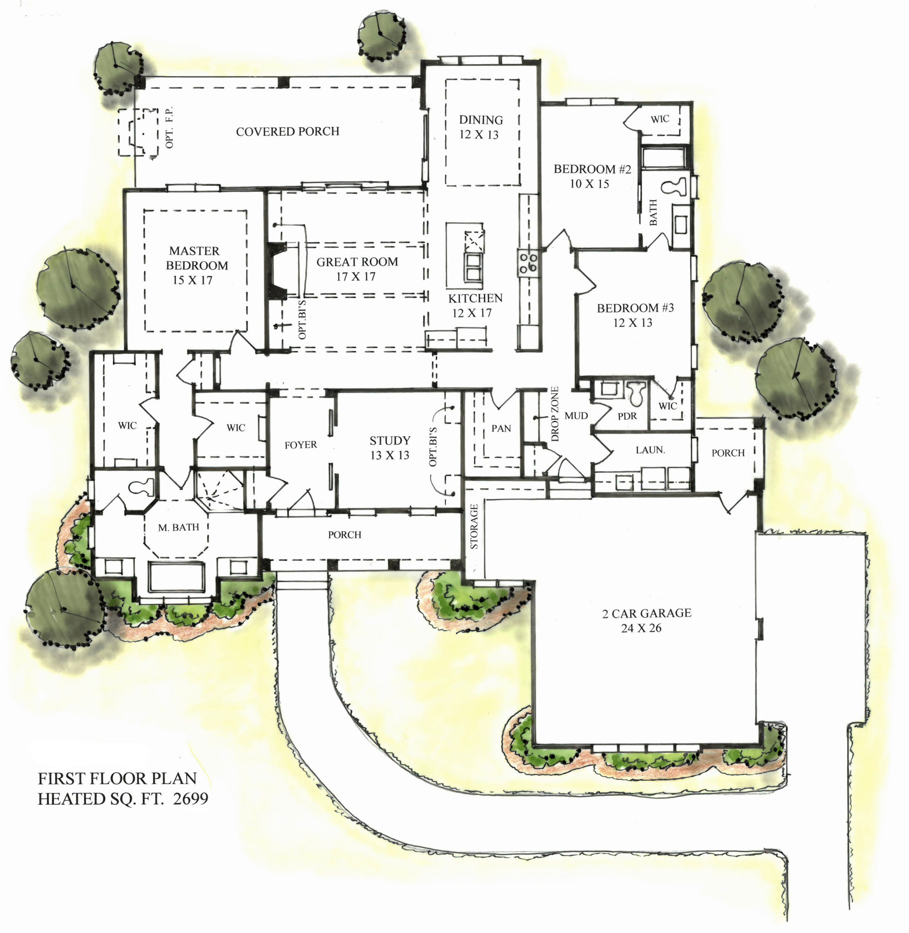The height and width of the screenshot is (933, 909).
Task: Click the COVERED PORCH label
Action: click(287, 131)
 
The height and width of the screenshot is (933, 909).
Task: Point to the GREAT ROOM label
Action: click(357, 261)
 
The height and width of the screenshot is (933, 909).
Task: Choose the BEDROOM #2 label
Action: click(592, 169)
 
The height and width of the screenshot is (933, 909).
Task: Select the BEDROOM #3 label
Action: click(635, 308)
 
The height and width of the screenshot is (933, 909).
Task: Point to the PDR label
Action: click(627, 416)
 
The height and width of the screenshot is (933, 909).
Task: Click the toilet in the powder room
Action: click(635, 393)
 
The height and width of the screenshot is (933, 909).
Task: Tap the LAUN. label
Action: click(650, 450)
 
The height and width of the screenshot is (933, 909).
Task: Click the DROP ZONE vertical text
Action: click(554, 414)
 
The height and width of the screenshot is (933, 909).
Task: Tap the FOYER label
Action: click(300, 445)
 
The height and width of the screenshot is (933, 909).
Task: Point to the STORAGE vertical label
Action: click(474, 527)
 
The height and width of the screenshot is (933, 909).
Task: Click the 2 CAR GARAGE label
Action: click(646, 613)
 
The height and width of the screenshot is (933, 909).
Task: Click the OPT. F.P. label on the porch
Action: click(169, 128)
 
